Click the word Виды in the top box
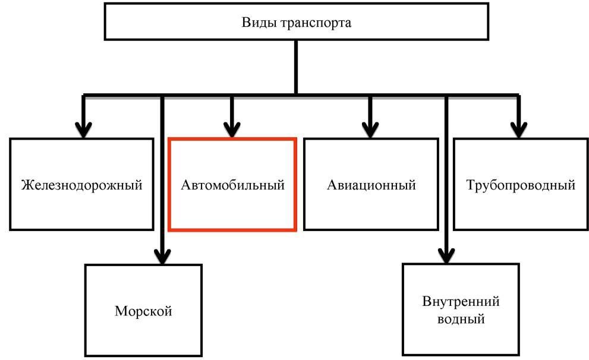coord(257,23)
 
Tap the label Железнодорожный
coord(82,185)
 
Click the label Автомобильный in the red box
coord(232,185)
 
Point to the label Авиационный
coord(371,185)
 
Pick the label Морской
coord(143,310)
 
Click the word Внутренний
coord(461,301)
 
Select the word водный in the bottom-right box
coord(461,319)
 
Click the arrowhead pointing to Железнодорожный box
coord(84,129)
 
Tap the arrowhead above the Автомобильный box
coord(232,129)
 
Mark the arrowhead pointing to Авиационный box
coord(370,129)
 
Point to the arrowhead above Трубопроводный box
coord(519,129)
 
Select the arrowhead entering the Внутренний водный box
coord(446,255)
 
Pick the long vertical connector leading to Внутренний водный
coord(446,178)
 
